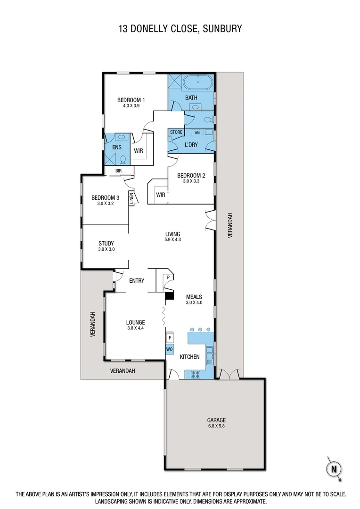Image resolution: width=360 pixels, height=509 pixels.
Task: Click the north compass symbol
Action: pyautogui.click(x=334, y=468)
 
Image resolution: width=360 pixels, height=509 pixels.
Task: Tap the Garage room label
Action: pyautogui.click(x=217, y=420)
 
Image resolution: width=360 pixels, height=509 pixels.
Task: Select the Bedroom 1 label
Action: pyautogui.click(x=131, y=100)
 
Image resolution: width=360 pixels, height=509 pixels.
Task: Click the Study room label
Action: pyautogui.click(x=106, y=244)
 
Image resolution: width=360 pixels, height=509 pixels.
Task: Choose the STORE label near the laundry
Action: pyautogui.click(x=176, y=132)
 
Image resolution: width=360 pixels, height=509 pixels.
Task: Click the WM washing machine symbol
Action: pyautogui.click(x=197, y=133)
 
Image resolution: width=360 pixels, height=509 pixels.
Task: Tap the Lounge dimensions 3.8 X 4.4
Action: pyautogui.click(x=135, y=328)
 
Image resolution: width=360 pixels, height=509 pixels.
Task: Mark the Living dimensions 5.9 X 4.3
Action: pyautogui.click(x=172, y=239)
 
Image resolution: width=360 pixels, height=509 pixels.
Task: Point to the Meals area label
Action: pyautogui.click(x=194, y=297)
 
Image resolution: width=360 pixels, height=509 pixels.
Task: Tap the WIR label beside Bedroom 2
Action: pyautogui.click(x=161, y=195)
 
